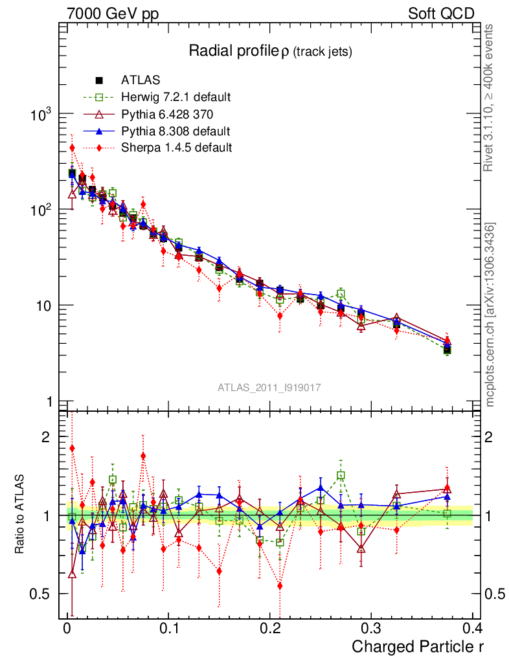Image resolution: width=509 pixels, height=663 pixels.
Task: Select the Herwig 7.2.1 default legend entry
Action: pyautogui.click(x=175, y=98)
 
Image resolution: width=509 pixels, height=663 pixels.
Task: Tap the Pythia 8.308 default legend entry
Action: pyautogui.click(x=175, y=131)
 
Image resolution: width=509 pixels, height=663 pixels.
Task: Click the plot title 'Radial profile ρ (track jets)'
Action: pyautogui.click(x=270, y=52)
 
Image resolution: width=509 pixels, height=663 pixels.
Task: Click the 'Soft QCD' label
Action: pyautogui.click(x=442, y=14)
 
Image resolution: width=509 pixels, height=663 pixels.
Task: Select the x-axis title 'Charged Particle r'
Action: pyautogui.click(x=418, y=646)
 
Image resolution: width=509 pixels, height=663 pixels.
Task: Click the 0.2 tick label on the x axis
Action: pyautogui.click(x=269, y=629)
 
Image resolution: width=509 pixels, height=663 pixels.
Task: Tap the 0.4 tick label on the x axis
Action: pyautogui.click(x=472, y=629)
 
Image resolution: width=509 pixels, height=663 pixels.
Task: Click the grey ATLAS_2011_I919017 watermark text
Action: pyautogui.click(x=269, y=387)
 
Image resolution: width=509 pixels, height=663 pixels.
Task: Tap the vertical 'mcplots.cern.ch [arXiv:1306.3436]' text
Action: pyautogui.click(x=490, y=314)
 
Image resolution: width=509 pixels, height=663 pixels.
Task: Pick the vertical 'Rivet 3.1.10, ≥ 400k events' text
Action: pyautogui.click(x=489, y=97)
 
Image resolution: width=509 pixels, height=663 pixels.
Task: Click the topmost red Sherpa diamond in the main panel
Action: pyautogui.click(x=73, y=148)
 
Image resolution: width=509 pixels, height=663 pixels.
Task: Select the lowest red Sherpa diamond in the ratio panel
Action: pyautogui.click(x=280, y=586)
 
